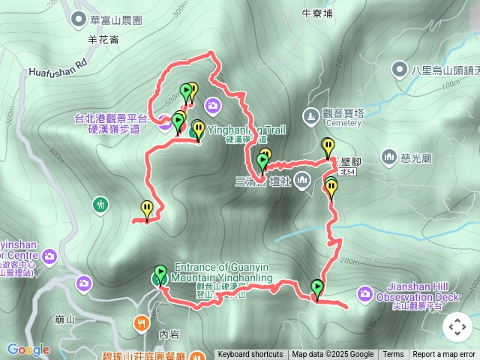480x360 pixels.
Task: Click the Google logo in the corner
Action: point(28,349)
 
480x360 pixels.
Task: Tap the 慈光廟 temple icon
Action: point(388,157)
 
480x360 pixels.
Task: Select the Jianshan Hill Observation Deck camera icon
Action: point(365,292)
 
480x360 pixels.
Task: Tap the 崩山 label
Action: point(65,319)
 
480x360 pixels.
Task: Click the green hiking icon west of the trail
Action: point(100,204)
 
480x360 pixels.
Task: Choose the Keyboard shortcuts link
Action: point(250,355)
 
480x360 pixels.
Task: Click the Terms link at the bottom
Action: point(393,355)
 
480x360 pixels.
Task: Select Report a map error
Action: point(444,355)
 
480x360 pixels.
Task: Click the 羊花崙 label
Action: point(103,40)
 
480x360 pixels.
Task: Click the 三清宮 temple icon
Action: point(302,180)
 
